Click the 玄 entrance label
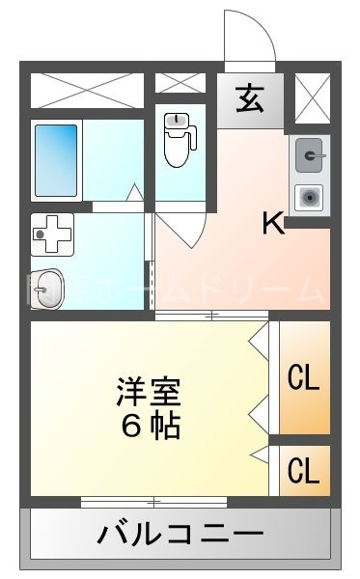(249, 99)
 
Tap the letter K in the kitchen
(273, 224)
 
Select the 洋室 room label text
(149, 392)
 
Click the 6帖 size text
(149, 425)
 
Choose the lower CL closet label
(303, 472)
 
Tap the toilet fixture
(177, 141)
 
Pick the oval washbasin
(46, 287)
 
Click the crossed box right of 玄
(312, 98)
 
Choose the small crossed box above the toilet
(180, 87)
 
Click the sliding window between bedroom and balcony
(153, 502)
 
